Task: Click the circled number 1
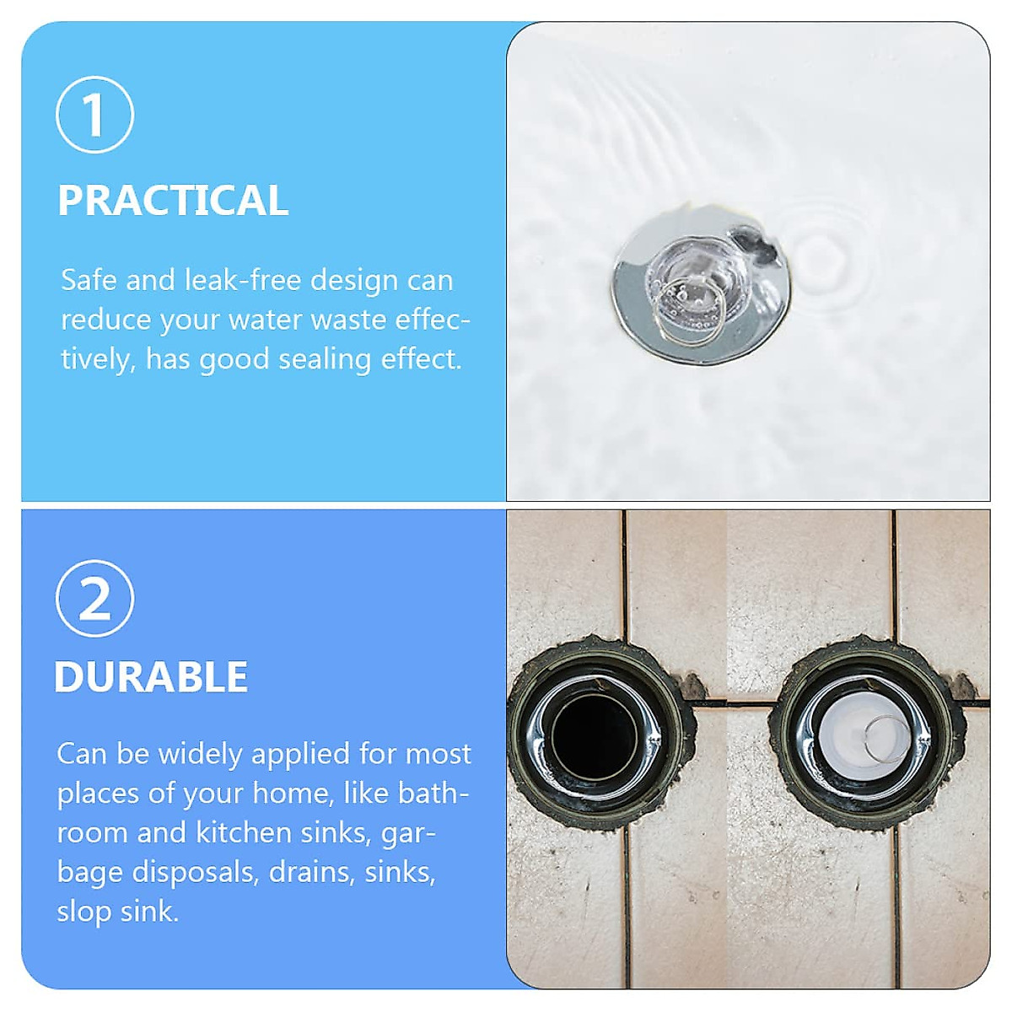pos(94,115)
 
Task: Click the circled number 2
pos(94,598)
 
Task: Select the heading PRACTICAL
pos(173,201)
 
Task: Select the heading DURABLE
pos(151,677)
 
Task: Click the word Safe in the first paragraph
pos(89,280)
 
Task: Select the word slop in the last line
pos(83,912)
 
